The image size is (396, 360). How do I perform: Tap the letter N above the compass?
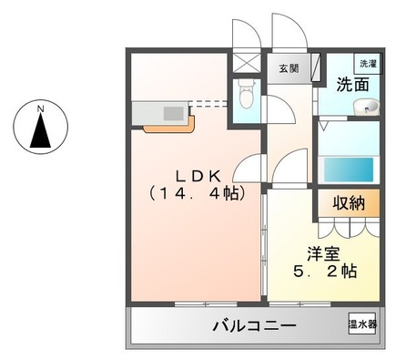pos(40,109)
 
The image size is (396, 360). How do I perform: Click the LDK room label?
pos(196,175)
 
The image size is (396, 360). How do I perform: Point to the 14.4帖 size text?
pos(196,193)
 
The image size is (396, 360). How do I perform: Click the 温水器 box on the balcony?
pos(364,324)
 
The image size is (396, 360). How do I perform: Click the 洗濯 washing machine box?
pos(367,64)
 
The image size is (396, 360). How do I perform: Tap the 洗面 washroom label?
pos(352,86)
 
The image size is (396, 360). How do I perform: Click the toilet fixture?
pos(243,93)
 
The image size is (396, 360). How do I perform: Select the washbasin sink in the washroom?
pos(366,110)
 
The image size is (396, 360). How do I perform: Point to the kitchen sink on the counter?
pos(172,112)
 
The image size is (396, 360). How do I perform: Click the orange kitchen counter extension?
pos(168,127)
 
